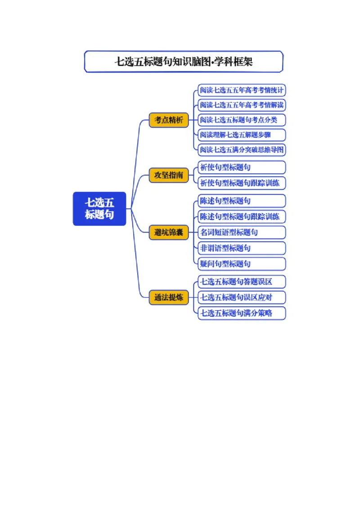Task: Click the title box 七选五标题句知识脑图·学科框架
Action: point(184,62)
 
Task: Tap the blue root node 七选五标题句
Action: point(99,209)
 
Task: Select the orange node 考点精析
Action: point(169,120)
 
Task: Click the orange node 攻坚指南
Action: point(169,175)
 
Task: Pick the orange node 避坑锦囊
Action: point(169,232)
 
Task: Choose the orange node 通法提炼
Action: point(169,297)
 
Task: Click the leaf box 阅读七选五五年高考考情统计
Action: point(242,90)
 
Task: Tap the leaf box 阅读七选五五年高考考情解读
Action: point(242,105)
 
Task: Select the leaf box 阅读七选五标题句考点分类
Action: point(242,120)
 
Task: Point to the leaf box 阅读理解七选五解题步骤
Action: point(242,135)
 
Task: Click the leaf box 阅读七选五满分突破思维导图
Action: point(242,150)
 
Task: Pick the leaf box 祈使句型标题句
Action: point(242,168)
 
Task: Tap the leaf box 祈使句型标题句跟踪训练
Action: point(242,183)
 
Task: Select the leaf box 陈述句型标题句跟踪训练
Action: point(242,217)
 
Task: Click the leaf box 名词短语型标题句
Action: point(242,232)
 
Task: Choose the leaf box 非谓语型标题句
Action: point(242,248)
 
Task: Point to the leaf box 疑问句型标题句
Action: point(242,264)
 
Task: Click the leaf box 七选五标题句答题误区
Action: point(242,282)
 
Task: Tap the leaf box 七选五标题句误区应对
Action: point(242,297)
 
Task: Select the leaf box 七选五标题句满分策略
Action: point(242,313)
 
